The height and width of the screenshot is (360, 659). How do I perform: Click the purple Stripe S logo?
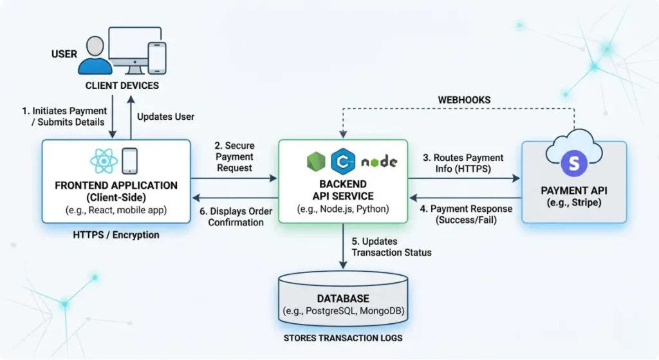573,163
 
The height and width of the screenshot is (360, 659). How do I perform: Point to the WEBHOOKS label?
464,100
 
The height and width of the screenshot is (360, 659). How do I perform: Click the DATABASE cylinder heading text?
343,299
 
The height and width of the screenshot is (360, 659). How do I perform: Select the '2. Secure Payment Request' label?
234,157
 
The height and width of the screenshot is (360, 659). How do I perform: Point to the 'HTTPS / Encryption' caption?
116,235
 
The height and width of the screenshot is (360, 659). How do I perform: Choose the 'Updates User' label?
165,117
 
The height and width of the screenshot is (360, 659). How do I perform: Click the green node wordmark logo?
379,162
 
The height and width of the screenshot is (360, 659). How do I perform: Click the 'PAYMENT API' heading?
573,190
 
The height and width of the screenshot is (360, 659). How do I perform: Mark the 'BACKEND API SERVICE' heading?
343,189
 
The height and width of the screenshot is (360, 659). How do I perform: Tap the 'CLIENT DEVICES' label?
122,86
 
